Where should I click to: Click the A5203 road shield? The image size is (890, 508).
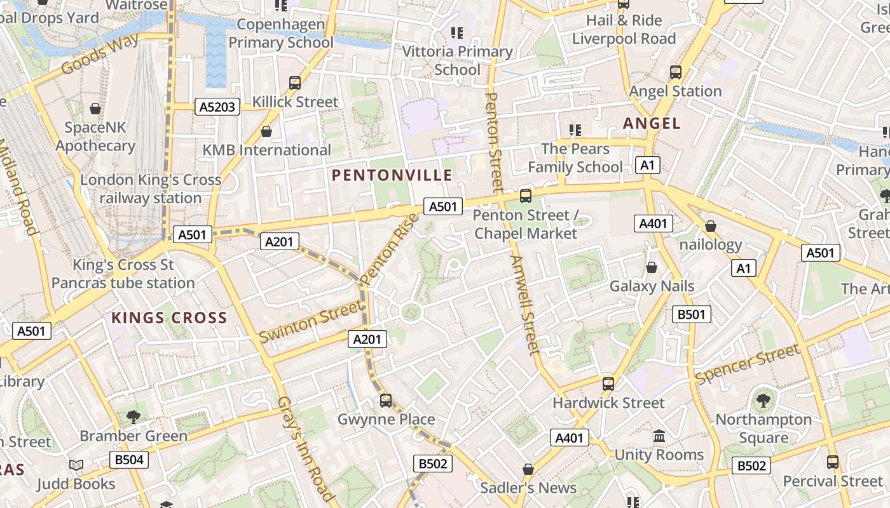coord(217,107)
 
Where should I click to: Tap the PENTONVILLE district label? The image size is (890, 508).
coord(392,175)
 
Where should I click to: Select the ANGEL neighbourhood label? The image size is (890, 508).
coord(652,123)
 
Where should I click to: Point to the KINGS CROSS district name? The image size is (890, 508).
coord(169,318)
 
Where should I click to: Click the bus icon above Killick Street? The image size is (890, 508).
coord(294,83)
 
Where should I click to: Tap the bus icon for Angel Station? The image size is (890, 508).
coord(675,72)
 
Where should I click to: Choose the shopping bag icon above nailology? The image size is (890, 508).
coord(711,226)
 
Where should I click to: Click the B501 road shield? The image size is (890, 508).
coord(691,314)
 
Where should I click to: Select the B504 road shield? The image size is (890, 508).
coord(129,459)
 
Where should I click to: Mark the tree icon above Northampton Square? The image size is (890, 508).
coord(763,401)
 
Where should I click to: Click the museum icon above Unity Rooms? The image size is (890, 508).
coord(659,436)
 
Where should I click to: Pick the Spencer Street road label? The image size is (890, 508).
coord(747,364)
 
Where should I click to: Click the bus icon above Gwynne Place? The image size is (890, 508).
coord(385,401)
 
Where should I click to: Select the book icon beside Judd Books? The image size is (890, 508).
coord(76,465)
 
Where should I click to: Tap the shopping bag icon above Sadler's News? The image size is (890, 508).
coord(528,469)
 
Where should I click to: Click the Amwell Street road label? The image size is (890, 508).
coord(525,305)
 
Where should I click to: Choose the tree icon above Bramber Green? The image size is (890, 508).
coord(133,417)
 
